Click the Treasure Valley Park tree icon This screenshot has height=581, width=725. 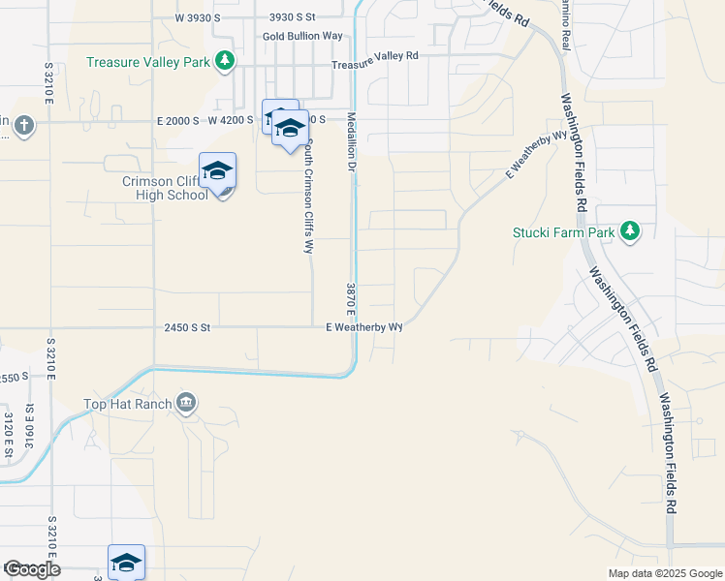[x=225, y=61]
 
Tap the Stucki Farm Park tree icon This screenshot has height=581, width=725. [x=630, y=230]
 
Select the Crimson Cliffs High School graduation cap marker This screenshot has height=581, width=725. [x=218, y=171]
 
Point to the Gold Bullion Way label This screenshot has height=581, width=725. [x=302, y=36]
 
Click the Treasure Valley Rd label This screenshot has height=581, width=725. [x=374, y=57]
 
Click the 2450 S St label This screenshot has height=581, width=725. [x=187, y=327]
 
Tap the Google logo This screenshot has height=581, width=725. [x=32, y=568]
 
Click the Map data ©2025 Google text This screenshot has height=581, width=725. [x=664, y=573]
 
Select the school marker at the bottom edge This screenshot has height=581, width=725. [x=126, y=562]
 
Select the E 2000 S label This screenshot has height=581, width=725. [x=177, y=120]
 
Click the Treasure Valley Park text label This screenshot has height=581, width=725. [x=148, y=62]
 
